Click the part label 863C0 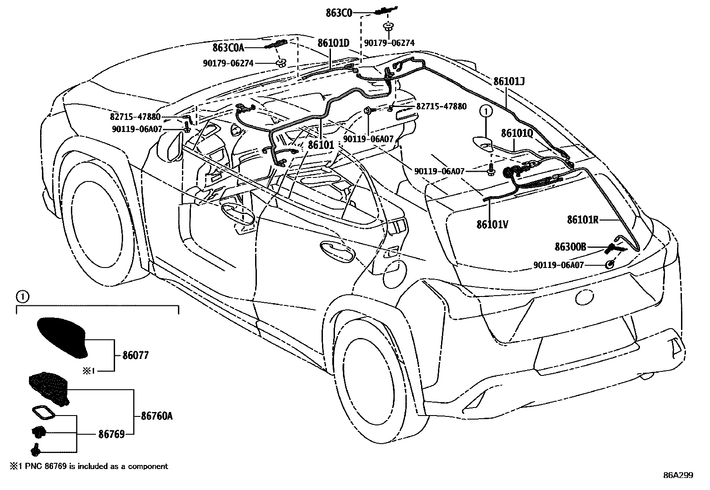[339, 13]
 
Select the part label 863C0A [228, 48]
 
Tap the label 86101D [333, 43]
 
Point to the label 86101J [509, 82]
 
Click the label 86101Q [517, 133]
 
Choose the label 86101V [492, 224]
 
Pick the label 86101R [582, 220]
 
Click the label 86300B [570, 247]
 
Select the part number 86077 [135, 355]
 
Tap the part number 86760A [157, 416]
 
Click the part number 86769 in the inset [111, 434]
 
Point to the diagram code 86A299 [678, 475]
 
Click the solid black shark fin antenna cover [61, 337]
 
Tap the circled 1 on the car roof [486, 111]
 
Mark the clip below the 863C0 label [388, 26]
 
